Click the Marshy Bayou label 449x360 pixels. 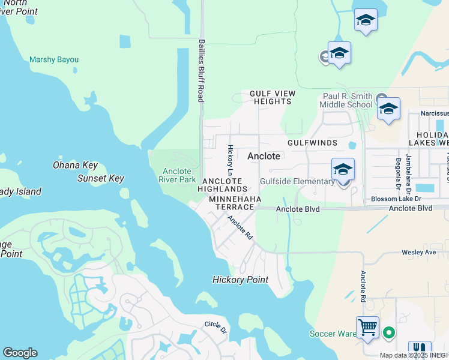pos(54,60)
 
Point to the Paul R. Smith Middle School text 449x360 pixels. pos(348,100)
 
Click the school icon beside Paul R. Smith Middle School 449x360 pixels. pos(388,109)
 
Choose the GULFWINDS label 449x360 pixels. pos(312,143)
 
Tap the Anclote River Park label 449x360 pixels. pos(178,175)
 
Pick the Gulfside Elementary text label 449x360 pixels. pos(297,182)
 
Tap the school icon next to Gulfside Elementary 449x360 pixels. pos(343,170)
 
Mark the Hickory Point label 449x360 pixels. pos(240,280)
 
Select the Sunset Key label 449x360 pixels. pos(100,178)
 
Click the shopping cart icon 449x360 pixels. pos(367,328)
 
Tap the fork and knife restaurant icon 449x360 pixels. pos(420,350)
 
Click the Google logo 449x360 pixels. pos(20,353)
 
